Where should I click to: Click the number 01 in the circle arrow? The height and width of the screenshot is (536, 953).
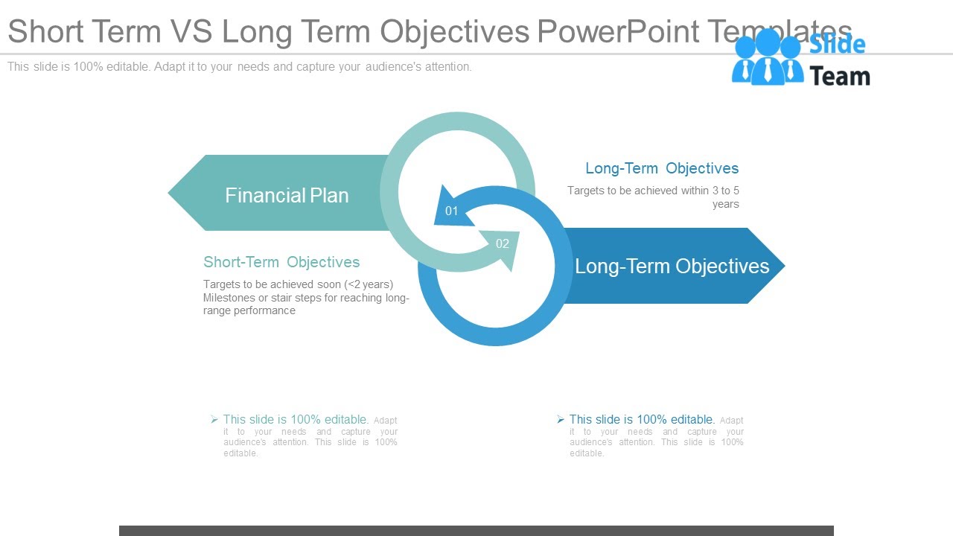click(452, 211)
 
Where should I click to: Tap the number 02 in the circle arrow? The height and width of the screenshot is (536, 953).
click(503, 243)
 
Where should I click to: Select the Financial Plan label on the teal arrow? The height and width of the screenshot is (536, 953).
click(287, 195)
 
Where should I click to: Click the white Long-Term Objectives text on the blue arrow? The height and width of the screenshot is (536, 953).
click(672, 267)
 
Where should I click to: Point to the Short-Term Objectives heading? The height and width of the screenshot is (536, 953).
click(281, 262)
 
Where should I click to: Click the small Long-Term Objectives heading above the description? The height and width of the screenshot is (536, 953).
click(662, 168)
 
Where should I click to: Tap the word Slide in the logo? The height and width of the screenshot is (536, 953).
click(838, 45)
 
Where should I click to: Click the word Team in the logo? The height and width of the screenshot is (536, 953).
click(839, 76)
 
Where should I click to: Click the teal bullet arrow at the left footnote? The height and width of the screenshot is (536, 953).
click(214, 420)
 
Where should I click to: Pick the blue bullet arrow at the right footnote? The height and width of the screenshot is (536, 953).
click(561, 420)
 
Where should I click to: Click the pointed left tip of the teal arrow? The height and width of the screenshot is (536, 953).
click(172, 194)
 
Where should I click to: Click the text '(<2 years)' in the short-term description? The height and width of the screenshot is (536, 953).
click(369, 284)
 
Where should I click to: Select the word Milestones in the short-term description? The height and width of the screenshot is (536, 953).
click(229, 298)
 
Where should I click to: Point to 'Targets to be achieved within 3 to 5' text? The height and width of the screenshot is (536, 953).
click(653, 191)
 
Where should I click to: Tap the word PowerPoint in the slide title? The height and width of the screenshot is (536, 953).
click(618, 32)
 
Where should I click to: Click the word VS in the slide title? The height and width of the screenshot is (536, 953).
click(191, 32)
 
